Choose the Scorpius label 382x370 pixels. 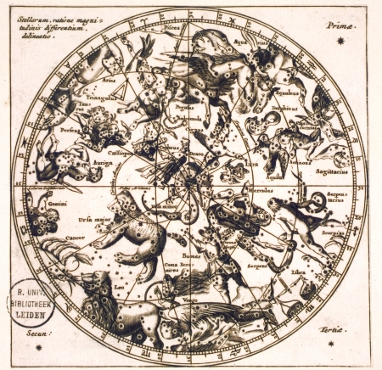click(329, 230)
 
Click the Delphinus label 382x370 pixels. click(284, 108)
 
